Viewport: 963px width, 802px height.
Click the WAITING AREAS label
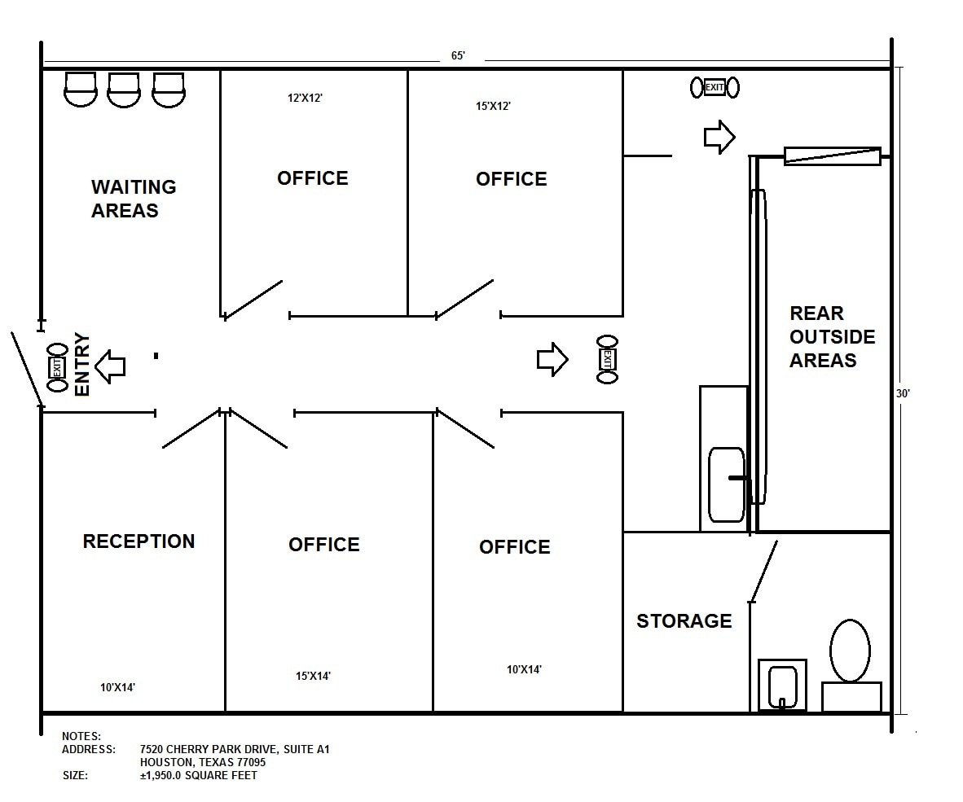pos(134,199)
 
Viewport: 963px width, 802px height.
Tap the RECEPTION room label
pos(139,541)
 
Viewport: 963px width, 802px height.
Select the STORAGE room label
pos(684,621)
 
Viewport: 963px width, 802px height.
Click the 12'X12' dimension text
pos(306,98)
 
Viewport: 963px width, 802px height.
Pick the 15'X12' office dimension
pos(493,106)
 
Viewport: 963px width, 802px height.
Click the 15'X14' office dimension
pos(313,676)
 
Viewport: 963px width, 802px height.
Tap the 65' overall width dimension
pos(458,56)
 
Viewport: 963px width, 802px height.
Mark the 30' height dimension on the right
pos(903,392)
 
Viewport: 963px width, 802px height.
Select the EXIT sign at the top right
pos(715,87)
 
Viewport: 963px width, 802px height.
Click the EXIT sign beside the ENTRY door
pos(57,367)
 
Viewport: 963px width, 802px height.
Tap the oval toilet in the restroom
pos(850,650)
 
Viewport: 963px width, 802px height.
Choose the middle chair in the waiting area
pos(124,89)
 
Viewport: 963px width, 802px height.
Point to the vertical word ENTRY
pos(82,364)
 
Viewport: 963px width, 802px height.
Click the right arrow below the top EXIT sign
pos(719,137)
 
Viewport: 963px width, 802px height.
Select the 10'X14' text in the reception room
pos(117,687)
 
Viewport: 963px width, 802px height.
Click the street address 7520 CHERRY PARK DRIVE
pos(235,749)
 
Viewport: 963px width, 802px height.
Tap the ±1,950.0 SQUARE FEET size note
pos(198,775)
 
